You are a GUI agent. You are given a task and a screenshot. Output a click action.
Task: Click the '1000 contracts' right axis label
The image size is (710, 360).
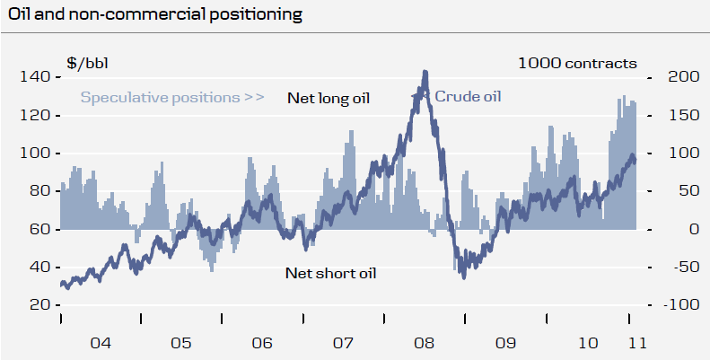[577, 63]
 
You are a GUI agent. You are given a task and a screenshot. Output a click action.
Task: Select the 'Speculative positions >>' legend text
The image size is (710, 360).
[172, 97]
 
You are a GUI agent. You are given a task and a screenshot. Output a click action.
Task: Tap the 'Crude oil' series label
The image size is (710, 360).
[468, 96]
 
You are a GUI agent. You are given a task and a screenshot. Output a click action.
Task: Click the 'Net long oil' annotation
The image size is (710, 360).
[329, 97]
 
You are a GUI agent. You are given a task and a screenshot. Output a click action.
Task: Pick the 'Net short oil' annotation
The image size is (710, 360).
[329, 273]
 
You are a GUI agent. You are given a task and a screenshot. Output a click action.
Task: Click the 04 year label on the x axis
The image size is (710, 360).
[100, 343]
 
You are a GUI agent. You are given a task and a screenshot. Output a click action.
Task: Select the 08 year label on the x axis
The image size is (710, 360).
[425, 343]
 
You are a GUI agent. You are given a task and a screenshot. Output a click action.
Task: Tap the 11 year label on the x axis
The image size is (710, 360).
[635, 343]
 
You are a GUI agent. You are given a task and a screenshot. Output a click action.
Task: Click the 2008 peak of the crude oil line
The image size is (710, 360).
[425, 72]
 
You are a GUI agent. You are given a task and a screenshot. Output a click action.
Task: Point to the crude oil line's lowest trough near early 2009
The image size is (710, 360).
[463, 277]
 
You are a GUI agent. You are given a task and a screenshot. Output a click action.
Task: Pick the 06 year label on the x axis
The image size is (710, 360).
[262, 343]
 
